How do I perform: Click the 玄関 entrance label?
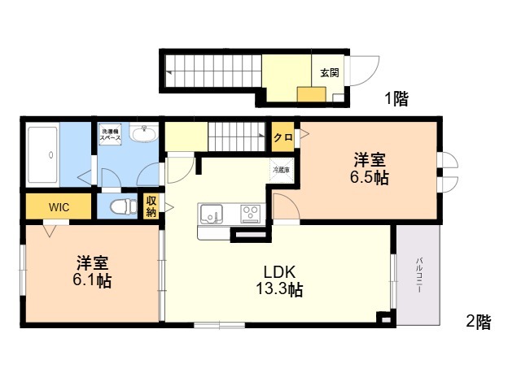pyautogui.click(x=330, y=72)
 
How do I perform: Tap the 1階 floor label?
pyautogui.click(x=396, y=98)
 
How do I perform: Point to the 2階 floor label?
pyautogui.click(x=479, y=322)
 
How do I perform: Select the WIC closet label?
pyautogui.click(x=59, y=207)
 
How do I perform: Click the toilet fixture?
pyautogui.click(x=123, y=206)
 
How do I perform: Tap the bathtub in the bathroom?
pyautogui.click(x=42, y=155)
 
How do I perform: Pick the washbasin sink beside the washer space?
pyautogui.click(x=144, y=133)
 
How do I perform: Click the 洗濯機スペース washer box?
pyautogui.click(x=110, y=134)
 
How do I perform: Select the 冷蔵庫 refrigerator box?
pyautogui.click(x=281, y=170)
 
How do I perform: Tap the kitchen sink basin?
pyautogui.click(x=212, y=213)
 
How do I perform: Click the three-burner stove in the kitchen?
pyautogui.click(x=251, y=213)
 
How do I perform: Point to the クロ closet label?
pyautogui.click(x=283, y=137)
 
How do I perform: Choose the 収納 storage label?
pyautogui.click(x=151, y=206)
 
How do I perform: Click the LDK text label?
pyautogui.click(x=279, y=272)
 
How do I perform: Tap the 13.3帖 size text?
pyautogui.click(x=279, y=289)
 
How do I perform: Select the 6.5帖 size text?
pyautogui.click(x=369, y=177)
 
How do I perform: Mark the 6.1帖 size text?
pyautogui.click(x=92, y=280)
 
